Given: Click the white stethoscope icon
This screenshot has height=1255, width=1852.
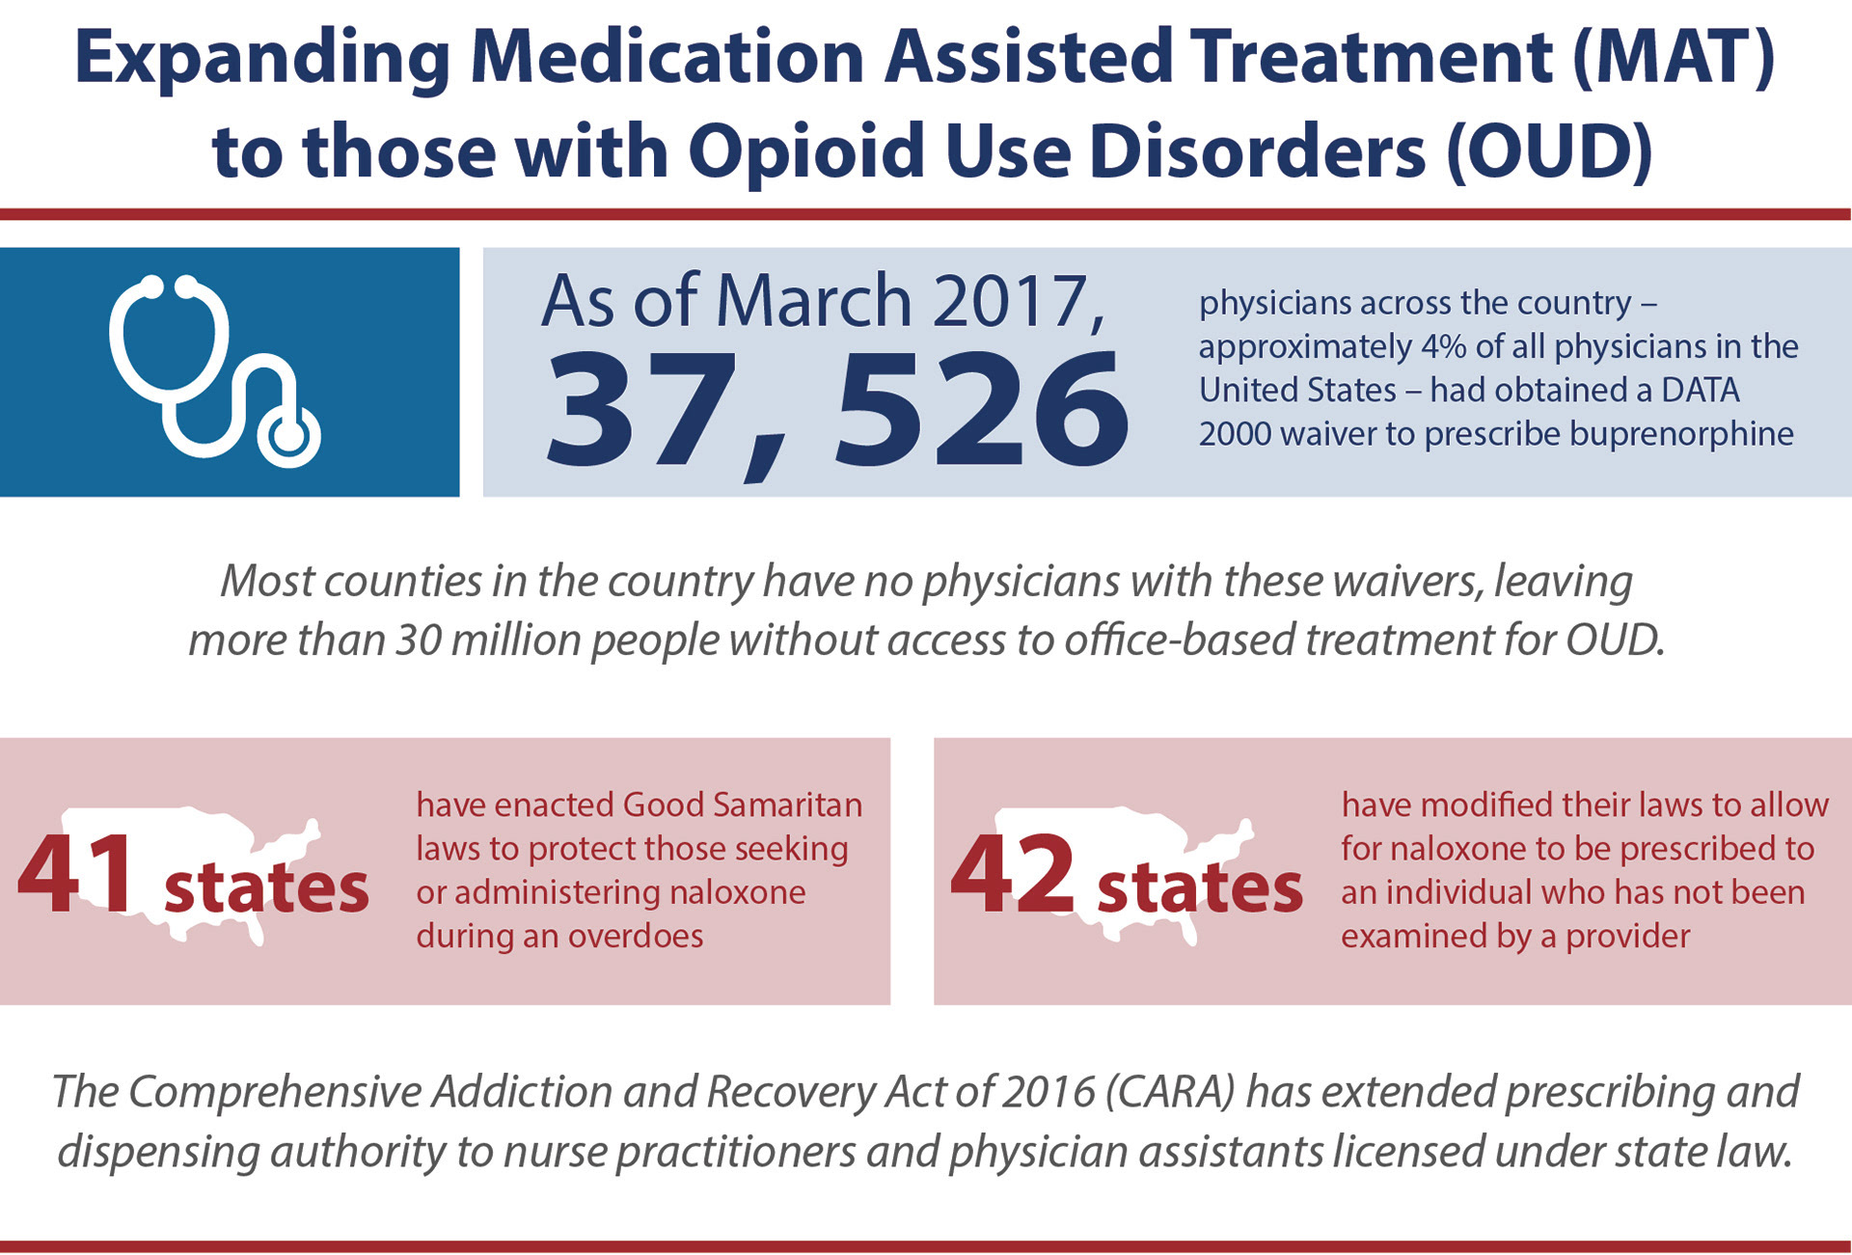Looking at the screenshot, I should (x=214, y=371).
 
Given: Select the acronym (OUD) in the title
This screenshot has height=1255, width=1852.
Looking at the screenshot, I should (x=1549, y=152).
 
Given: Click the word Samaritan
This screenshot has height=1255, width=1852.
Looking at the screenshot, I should (x=743, y=805).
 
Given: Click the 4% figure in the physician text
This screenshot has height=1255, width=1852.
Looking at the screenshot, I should (x=1442, y=346).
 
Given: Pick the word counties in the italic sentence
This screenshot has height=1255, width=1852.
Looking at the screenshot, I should (x=401, y=582).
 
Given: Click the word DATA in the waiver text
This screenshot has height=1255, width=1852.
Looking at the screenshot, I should (x=1701, y=390).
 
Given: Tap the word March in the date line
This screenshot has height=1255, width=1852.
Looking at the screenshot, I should (x=813, y=301).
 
